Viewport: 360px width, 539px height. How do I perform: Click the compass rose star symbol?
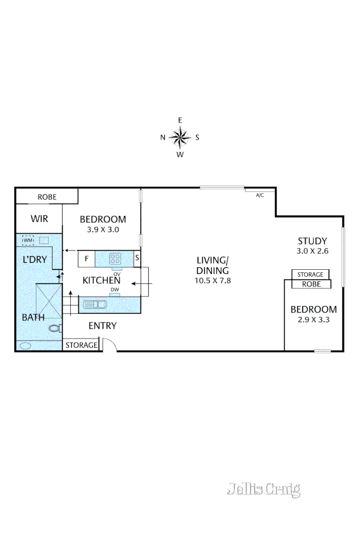179,136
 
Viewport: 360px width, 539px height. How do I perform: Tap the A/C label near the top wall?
260,195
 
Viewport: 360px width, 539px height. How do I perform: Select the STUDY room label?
312,241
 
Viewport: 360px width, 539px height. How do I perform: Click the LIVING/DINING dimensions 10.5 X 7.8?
212,280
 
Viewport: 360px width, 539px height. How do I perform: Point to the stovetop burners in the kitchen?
115,259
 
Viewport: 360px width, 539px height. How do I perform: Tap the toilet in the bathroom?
55,328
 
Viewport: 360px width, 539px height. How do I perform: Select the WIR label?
39,219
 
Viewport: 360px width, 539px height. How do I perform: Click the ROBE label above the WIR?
47,197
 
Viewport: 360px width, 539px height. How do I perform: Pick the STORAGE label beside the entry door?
81,345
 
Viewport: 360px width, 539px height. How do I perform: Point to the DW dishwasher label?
114,289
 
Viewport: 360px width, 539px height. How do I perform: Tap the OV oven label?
116,274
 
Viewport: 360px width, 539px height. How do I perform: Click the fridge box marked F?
86,259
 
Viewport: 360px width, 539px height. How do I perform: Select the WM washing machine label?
28,240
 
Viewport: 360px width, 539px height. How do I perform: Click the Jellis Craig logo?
263,489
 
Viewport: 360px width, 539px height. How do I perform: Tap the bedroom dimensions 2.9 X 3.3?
313,319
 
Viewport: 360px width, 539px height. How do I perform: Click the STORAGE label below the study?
310,274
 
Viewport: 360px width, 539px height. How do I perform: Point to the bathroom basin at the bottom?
25,346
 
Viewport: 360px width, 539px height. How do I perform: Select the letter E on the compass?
179,120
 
